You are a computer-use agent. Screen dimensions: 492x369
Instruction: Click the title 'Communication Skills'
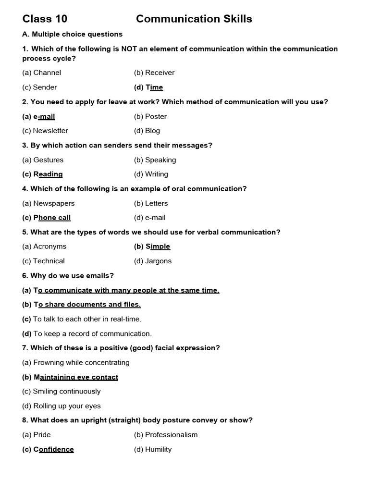point(194,19)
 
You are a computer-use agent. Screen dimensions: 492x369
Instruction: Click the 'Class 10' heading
point(45,19)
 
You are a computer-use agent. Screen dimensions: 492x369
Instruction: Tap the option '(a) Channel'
point(42,73)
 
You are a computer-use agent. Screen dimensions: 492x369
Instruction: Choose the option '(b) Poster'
point(150,116)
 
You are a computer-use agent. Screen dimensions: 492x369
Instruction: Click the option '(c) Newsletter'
point(45,131)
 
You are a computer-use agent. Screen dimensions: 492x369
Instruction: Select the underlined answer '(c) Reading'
point(43,174)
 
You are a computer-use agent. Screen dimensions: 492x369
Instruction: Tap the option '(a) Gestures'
point(43,160)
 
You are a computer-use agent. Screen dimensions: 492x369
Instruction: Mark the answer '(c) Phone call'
point(47,218)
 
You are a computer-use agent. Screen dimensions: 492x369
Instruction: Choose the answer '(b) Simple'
point(152,246)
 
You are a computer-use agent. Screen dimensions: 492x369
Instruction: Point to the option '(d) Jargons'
point(153,261)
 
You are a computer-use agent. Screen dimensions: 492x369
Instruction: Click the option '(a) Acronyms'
point(44,246)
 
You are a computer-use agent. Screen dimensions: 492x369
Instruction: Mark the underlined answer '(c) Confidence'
point(48,450)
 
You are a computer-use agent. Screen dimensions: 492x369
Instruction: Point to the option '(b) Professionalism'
point(166,435)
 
